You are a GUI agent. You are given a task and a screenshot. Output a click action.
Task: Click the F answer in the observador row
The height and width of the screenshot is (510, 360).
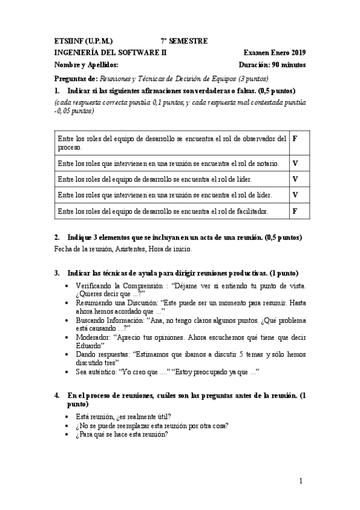pyautogui.click(x=294, y=138)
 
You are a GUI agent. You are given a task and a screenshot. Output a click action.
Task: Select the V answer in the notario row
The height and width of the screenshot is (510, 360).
pyautogui.click(x=295, y=163)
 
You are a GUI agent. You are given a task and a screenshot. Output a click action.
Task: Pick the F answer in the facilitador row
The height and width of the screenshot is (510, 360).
pyautogui.click(x=294, y=211)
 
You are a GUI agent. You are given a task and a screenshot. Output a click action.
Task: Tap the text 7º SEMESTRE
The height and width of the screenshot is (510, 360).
pyautogui.click(x=184, y=41)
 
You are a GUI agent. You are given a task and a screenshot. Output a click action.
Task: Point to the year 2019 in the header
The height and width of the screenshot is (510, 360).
pyautogui.click(x=297, y=53)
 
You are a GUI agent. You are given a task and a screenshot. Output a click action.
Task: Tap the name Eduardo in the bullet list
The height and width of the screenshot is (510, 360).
pyautogui.click(x=88, y=346)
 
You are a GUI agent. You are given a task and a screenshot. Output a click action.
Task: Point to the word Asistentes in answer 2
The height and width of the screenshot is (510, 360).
pyautogui.click(x=126, y=249)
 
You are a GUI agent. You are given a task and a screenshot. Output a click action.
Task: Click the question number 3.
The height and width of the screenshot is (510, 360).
pyautogui.click(x=56, y=273)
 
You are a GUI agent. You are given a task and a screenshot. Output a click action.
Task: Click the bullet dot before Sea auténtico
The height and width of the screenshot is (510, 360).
pyautogui.click(x=66, y=372)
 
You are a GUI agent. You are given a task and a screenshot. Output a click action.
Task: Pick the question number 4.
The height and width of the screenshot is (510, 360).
pyautogui.click(x=56, y=396)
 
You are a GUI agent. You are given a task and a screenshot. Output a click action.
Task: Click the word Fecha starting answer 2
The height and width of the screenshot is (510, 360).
pyautogui.click(x=63, y=249)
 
